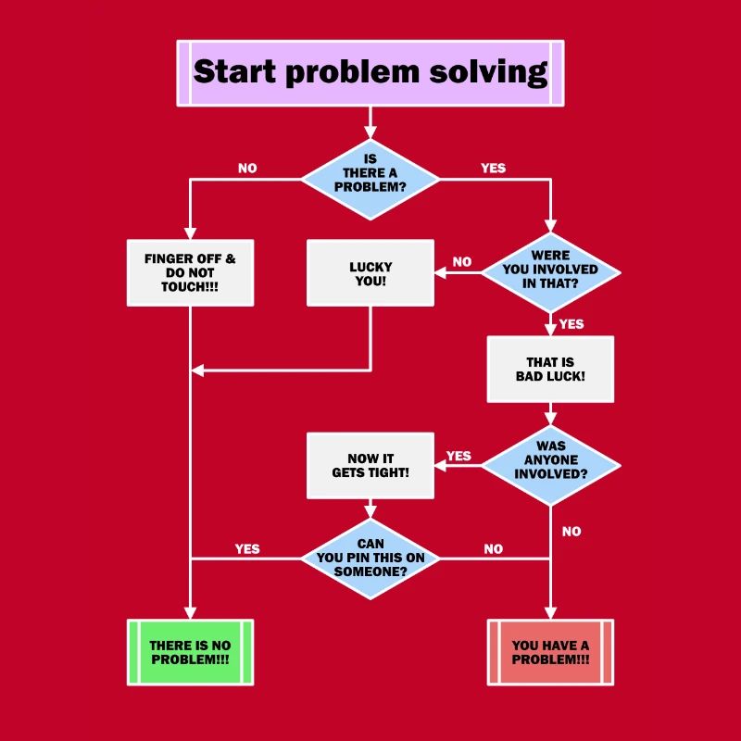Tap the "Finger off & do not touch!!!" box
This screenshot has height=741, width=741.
[190, 272]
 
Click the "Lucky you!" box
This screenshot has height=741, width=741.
[370, 273]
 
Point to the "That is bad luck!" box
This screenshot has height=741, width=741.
[550, 369]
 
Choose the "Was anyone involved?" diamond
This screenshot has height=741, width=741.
[550, 460]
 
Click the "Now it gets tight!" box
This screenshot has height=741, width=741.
[370, 465]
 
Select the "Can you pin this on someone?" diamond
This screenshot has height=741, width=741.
[370, 559]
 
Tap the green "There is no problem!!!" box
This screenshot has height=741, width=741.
[190, 652]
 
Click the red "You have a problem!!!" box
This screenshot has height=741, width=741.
[550, 652]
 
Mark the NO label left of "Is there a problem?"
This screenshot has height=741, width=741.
[247, 169]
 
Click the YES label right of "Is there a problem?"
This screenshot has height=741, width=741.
[494, 169]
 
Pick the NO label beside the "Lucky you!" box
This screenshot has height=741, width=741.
[462, 262]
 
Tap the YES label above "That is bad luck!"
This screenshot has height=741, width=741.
[571, 324]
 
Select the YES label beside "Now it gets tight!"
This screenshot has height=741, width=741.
[458, 456]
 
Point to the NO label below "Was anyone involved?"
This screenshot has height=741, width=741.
[571, 532]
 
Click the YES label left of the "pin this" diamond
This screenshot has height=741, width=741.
[247, 548]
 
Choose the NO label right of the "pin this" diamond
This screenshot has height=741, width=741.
[494, 549]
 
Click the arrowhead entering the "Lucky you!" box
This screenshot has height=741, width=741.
[440, 272]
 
